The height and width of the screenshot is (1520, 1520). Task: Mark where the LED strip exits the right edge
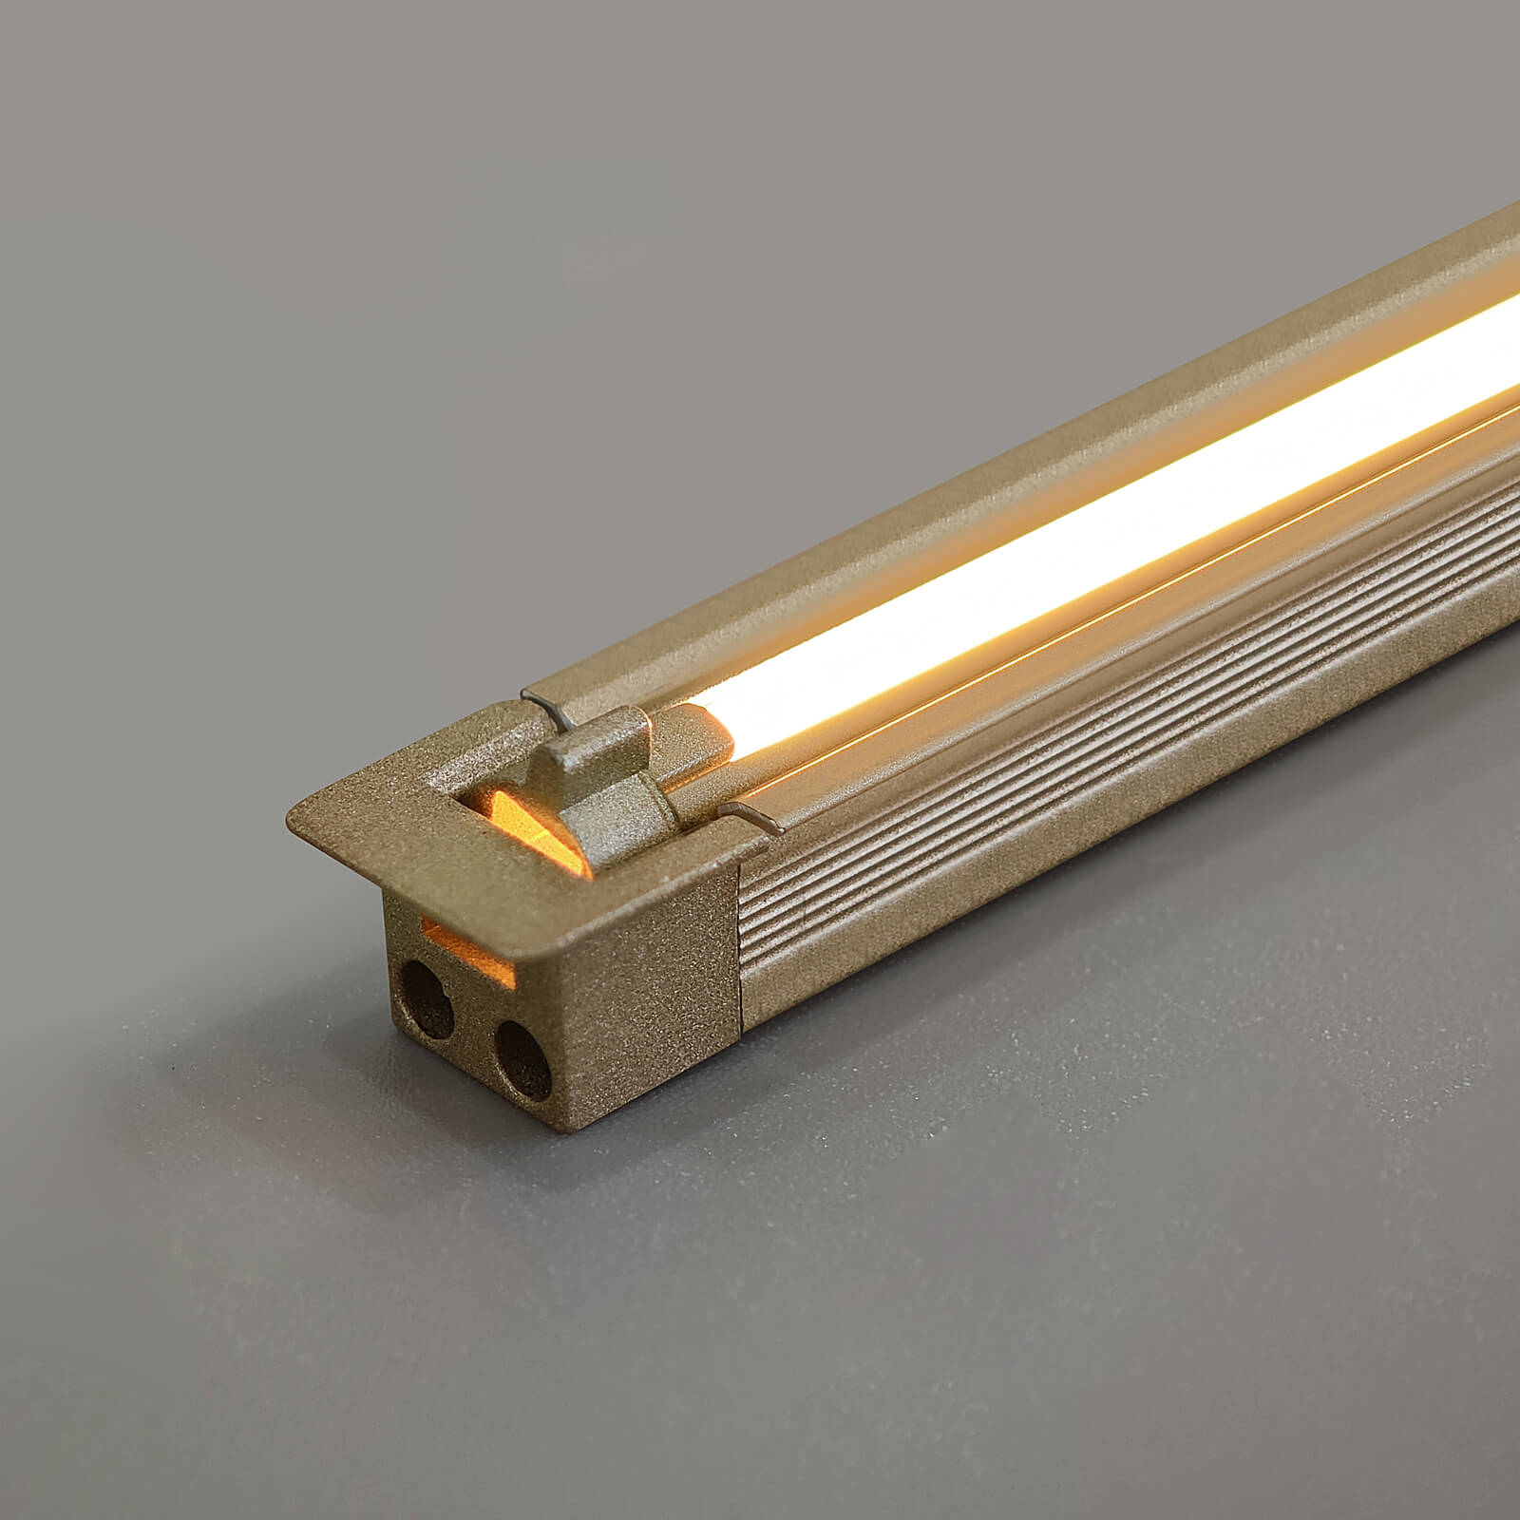point(1510,351)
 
